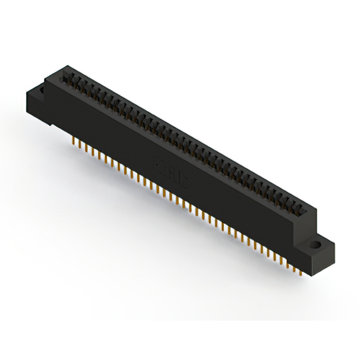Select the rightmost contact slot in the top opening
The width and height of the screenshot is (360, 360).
coord(304,211)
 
